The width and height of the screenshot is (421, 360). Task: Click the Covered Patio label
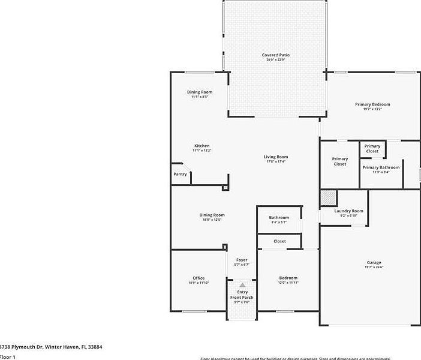[276, 55]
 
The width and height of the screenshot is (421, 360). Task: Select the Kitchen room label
[202, 146]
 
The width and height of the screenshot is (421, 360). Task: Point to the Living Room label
[276, 157]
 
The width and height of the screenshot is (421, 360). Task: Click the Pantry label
[180, 174]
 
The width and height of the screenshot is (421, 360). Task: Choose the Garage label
[374, 263]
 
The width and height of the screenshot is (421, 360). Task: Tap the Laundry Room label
[348, 211]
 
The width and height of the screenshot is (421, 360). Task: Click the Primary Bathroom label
[381, 167]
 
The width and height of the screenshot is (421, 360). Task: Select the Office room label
[199, 278]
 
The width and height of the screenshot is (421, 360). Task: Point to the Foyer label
[242, 260]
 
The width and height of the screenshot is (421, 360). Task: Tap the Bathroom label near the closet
[279, 217]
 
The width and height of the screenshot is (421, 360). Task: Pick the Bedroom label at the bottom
[288, 278]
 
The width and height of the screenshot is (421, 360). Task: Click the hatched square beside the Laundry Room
[328, 198]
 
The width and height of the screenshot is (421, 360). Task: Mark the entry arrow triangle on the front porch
[242, 284]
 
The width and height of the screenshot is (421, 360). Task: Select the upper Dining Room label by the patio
[200, 92]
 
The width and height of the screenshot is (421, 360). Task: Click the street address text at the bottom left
[51, 347]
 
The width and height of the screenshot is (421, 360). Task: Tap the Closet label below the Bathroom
[279, 241]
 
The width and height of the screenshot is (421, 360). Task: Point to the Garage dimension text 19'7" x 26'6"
[374, 268]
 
